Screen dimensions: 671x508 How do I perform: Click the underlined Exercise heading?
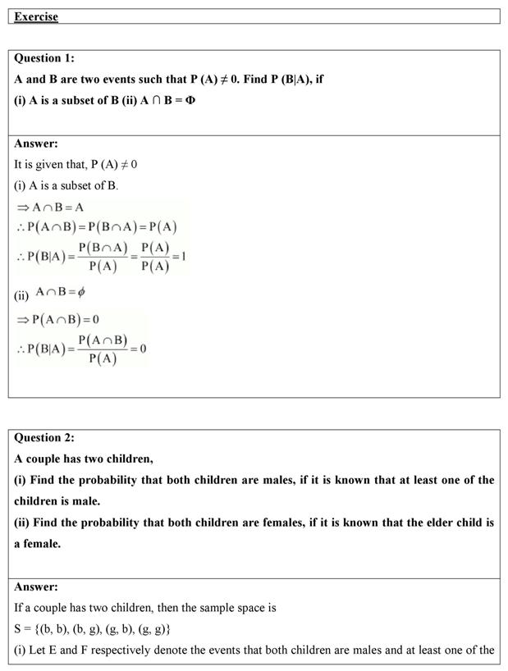pos(36,16)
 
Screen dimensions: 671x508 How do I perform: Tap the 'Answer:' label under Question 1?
pos(36,144)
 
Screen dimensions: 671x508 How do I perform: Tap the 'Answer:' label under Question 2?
pos(36,587)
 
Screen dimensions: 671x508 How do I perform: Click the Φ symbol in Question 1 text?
pos(190,101)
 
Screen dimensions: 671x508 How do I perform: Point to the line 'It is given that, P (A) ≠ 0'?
pos(76,165)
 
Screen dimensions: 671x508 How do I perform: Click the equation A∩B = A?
pos(51,208)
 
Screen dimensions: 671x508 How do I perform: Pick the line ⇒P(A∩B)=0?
pos(57,319)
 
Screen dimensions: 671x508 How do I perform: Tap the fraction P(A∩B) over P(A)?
pos(103,349)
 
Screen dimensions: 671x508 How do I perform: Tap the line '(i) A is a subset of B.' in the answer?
pos(66,186)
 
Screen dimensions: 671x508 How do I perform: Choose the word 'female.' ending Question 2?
pos(43,544)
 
